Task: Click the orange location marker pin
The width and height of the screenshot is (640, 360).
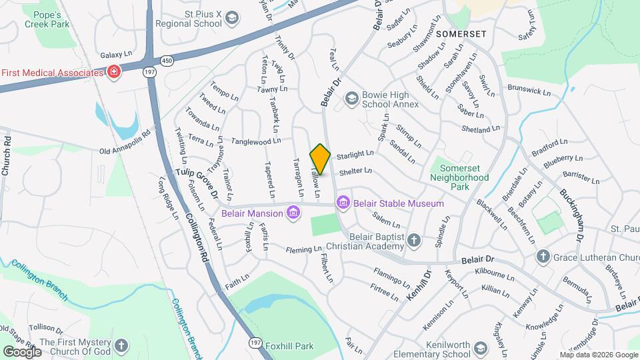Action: click(320, 159)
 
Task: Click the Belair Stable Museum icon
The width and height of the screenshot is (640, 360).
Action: click(343, 202)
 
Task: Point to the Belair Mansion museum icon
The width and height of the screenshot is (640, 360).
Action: click(292, 213)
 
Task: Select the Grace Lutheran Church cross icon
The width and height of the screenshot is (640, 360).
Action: click(543, 257)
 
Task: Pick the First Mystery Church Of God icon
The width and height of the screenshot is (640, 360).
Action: click(121, 345)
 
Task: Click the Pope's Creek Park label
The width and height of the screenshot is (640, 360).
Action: click(47, 19)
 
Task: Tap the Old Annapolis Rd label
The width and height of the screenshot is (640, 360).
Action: click(125, 151)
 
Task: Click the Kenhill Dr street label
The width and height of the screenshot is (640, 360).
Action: click(419, 284)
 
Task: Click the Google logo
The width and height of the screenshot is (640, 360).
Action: click(22, 351)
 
